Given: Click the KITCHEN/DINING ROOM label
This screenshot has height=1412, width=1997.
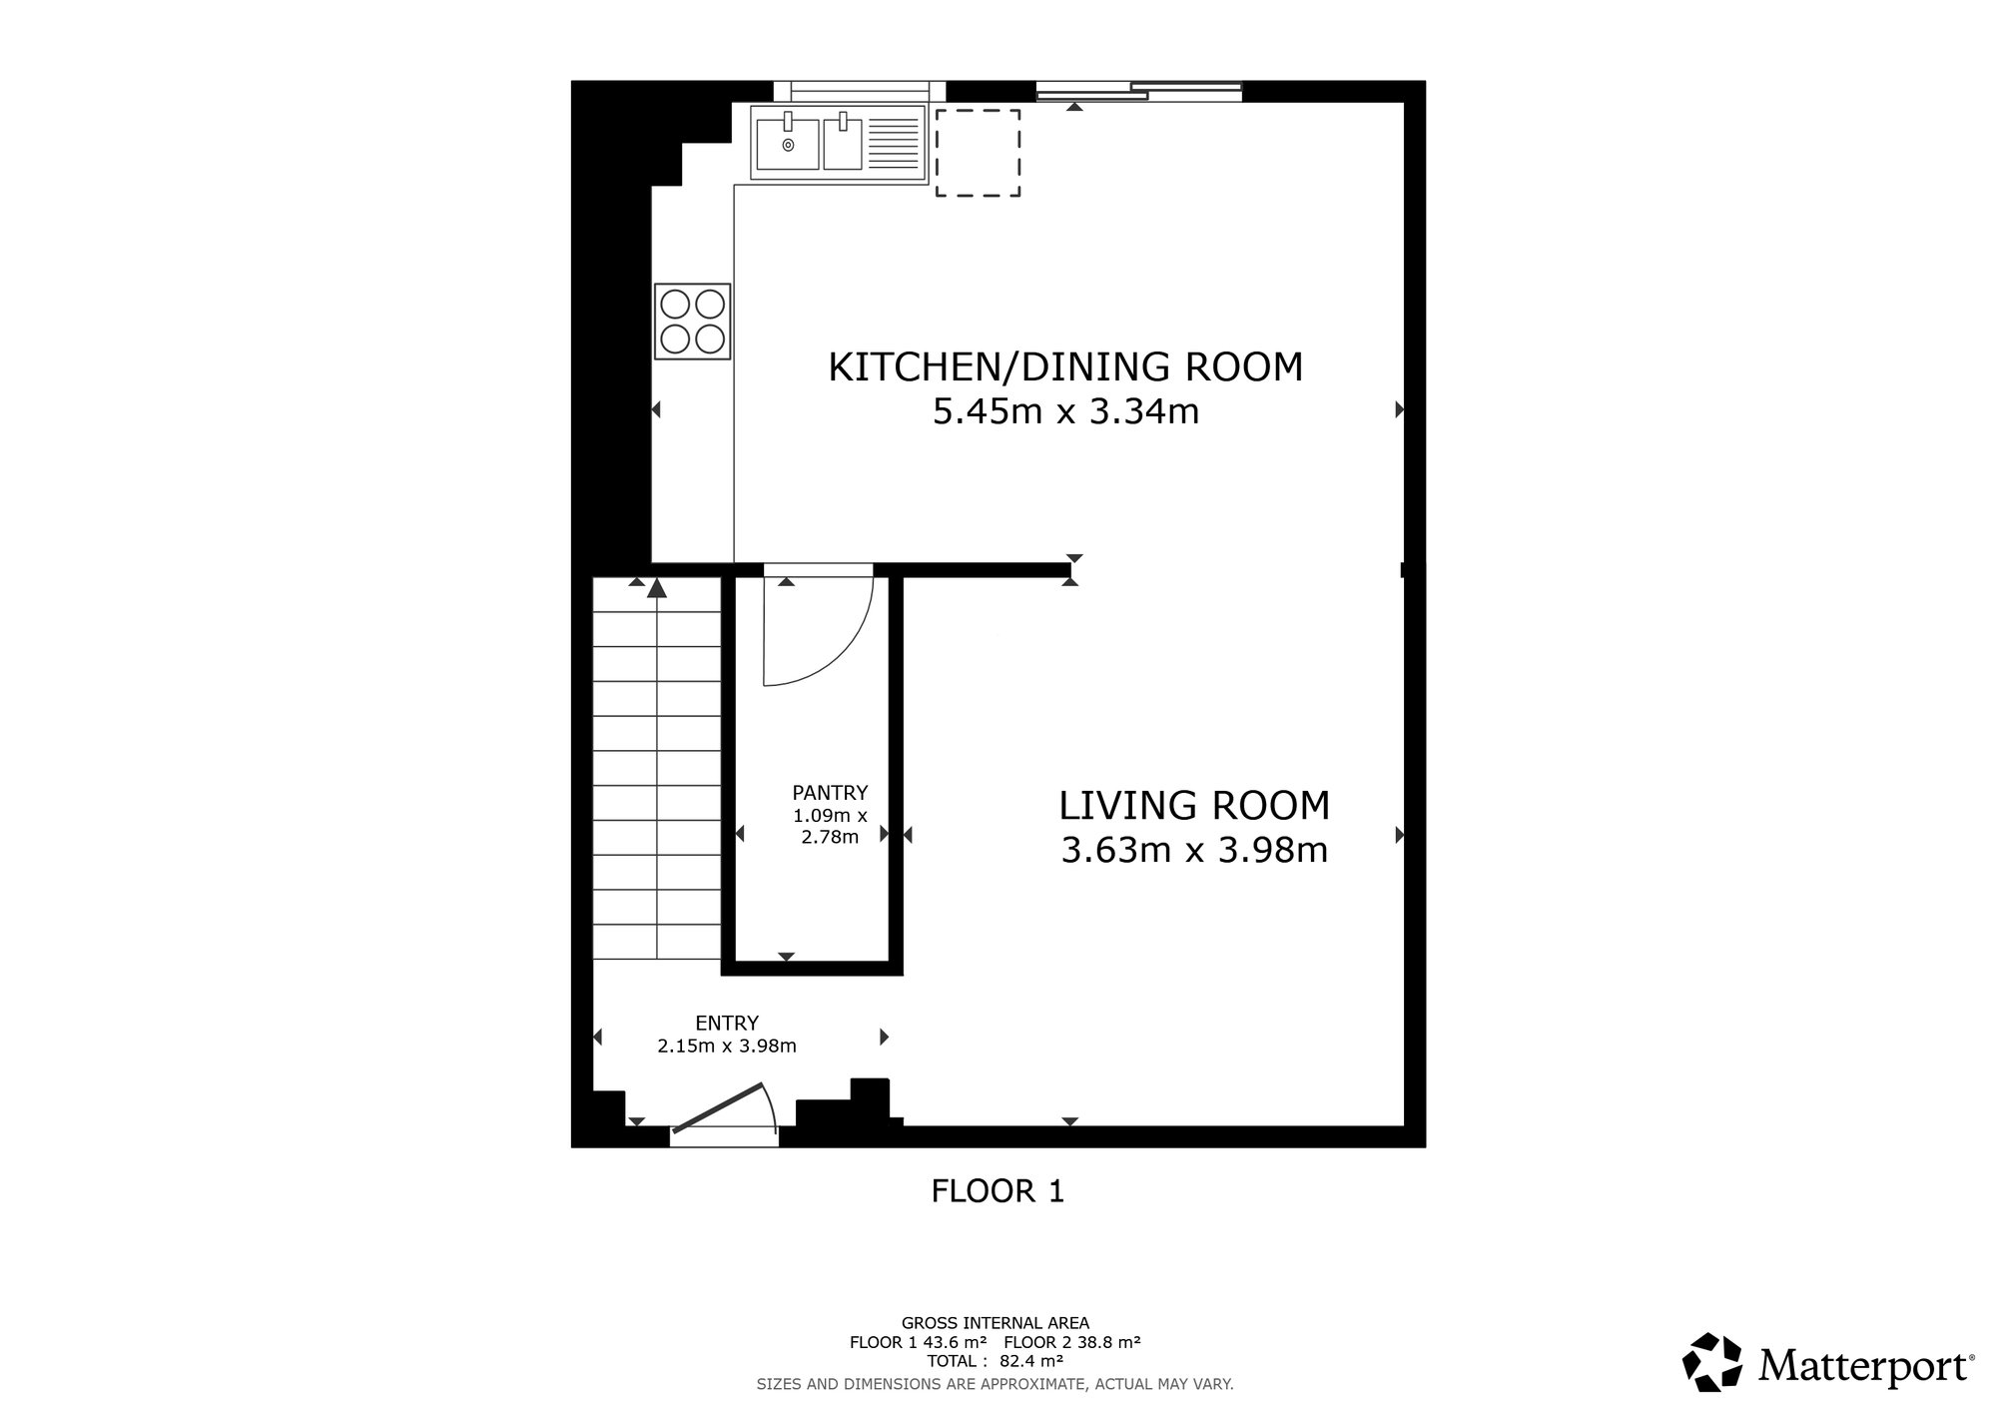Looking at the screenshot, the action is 1065,366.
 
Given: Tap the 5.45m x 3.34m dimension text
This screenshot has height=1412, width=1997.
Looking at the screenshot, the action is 1065,411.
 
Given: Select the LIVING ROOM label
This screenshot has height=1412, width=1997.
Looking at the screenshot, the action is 1194,805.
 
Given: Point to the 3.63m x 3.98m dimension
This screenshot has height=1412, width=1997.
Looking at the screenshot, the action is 1194,850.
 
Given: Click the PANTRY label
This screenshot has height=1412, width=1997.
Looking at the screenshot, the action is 830,793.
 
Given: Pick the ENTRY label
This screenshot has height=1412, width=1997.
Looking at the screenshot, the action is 727,1024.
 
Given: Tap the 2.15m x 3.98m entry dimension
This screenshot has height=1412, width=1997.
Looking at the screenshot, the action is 727,1047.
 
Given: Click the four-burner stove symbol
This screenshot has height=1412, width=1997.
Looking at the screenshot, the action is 692,322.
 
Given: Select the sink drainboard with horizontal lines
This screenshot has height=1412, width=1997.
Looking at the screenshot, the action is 894,145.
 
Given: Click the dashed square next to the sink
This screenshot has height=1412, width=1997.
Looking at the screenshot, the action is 978,110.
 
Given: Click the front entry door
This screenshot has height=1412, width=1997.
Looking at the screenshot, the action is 719,1108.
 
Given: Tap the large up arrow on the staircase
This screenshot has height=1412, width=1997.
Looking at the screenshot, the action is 656,588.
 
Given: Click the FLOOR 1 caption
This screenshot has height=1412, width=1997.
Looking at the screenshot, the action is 998,1191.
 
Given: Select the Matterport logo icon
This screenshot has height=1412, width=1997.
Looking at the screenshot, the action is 1712,1362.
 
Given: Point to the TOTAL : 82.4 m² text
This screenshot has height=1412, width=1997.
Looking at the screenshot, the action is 995,1361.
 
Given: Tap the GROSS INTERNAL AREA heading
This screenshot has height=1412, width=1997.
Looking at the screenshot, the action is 996,1323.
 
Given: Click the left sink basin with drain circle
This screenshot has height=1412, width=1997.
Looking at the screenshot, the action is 788,145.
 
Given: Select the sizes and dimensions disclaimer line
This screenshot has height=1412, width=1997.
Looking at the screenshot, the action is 996,1384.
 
